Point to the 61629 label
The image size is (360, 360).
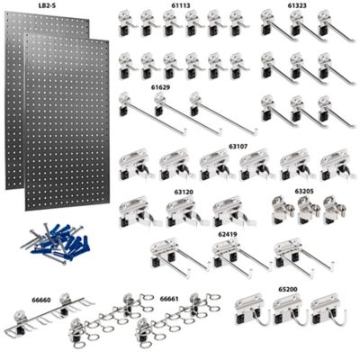coord(162,87)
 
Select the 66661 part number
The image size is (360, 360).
coord(168,297)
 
